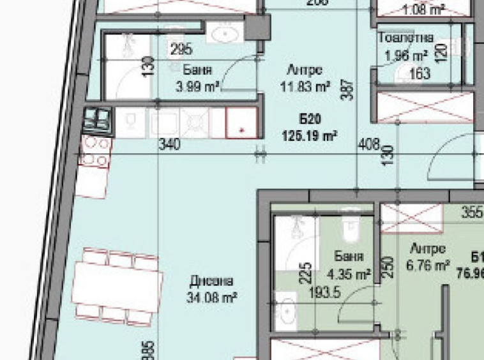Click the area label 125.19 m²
point(310,135)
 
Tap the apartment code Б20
point(310,119)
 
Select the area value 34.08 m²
point(212,297)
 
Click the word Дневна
point(212,281)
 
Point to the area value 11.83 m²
point(305,86)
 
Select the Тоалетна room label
point(406,38)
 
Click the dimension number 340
point(169,146)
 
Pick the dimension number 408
point(369,145)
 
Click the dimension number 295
point(181,49)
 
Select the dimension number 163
point(419,73)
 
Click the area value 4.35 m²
point(349,275)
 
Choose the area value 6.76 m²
point(428,266)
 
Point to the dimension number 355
point(472,213)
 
